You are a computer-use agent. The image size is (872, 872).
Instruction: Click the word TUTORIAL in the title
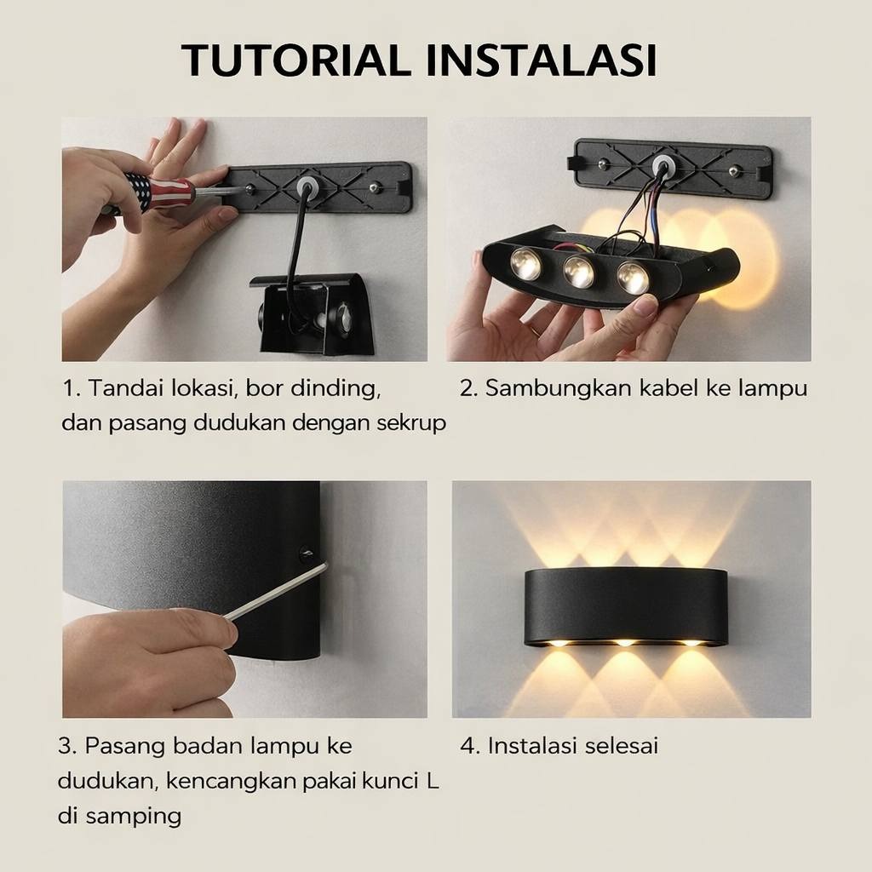(295, 60)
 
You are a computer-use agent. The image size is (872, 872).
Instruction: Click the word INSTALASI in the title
(542, 60)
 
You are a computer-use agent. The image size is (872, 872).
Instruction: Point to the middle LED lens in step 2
(578, 272)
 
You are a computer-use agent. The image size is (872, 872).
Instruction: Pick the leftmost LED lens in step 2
(525, 264)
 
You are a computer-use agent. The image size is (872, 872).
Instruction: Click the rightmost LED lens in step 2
(633, 278)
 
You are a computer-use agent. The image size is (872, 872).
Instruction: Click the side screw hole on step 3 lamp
(306, 554)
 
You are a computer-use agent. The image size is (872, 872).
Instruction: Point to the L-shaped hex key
(275, 591)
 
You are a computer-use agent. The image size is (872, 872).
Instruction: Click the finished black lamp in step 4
(626, 606)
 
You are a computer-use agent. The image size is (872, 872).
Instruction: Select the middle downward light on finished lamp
(625, 642)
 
